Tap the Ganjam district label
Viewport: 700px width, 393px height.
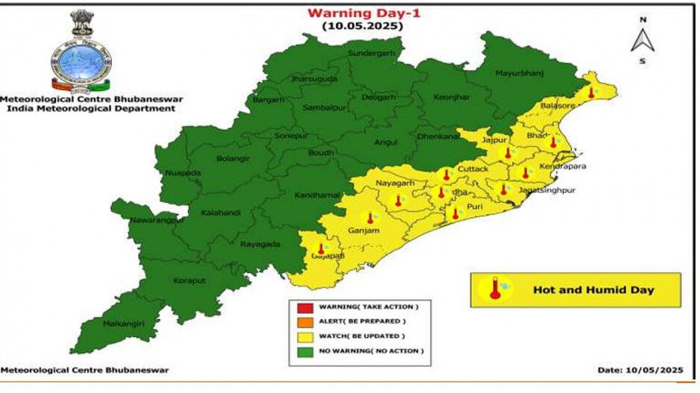[363, 230]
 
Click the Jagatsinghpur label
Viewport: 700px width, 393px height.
[548, 190]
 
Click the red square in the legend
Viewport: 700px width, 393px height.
[304, 307]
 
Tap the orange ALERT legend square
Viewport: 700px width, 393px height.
[304, 321]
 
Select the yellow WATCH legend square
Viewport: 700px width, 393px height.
[304, 336]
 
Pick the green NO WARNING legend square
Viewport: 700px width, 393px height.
[304, 350]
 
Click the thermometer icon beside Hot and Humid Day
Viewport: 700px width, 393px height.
[495, 289]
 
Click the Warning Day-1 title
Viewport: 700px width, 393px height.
[361, 13]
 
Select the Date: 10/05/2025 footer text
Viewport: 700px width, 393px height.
[639, 369]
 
